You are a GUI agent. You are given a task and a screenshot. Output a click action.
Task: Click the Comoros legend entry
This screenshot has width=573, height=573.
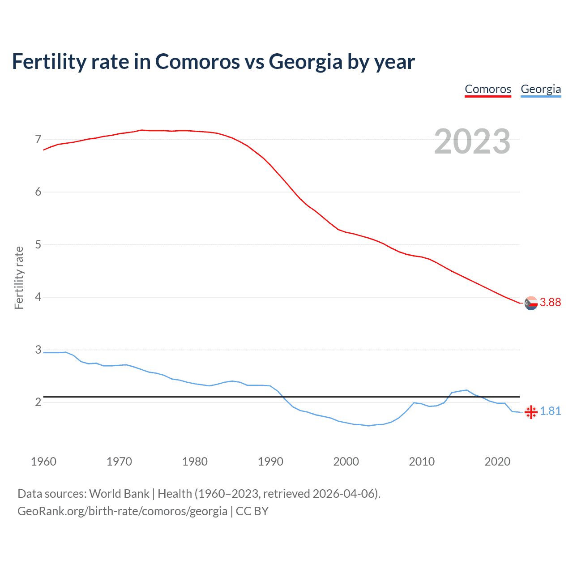tap(488, 89)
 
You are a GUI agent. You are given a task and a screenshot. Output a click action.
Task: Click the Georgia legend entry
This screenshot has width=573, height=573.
tap(541, 89)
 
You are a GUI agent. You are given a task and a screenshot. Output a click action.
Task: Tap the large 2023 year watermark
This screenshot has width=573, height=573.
tap(472, 141)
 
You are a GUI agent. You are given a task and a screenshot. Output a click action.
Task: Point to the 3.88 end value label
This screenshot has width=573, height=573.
tap(550, 303)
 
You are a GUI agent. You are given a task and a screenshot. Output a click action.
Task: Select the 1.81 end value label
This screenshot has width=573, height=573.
tap(550, 411)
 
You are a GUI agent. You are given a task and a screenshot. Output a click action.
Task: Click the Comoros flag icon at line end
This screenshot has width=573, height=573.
tap(531, 303)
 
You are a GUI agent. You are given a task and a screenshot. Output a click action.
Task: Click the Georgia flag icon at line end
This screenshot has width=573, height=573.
tap(531, 412)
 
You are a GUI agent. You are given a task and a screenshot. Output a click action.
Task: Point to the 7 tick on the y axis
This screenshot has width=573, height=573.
tap(38, 139)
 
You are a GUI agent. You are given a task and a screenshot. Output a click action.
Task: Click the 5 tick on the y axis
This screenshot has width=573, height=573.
tap(38, 244)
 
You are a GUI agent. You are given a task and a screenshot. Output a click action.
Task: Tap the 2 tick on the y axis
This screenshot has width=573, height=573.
tap(38, 402)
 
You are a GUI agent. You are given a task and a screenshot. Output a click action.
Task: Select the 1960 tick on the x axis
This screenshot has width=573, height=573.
tap(43, 462)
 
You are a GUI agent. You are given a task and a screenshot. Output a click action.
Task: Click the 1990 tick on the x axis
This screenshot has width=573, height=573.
tap(270, 462)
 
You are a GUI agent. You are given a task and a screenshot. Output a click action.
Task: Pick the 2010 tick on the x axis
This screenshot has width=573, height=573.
tap(422, 462)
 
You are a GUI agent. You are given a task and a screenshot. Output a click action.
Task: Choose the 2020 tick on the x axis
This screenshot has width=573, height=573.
tap(497, 462)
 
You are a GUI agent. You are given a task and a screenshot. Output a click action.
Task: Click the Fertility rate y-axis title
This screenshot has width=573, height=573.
tap(19, 278)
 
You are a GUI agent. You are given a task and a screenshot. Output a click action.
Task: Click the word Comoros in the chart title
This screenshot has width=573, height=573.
tap(197, 61)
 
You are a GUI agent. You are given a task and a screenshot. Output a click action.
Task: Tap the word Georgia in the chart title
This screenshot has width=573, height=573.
tap(306, 61)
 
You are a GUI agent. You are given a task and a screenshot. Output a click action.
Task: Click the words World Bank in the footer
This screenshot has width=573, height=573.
tap(119, 494)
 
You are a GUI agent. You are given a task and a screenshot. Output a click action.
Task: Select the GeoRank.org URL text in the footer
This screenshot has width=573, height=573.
tap(122, 511)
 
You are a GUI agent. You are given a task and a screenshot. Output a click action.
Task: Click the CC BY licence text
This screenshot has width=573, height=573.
tap(252, 511)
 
